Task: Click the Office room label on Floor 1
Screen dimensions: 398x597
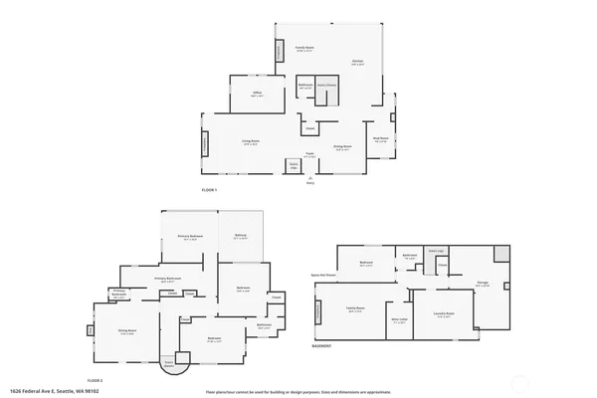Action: click(x=257, y=94)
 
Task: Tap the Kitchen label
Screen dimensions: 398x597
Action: click(x=357, y=62)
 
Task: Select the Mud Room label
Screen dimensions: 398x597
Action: click(x=380, y=138)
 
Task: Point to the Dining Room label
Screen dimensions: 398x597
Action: click(x=343, y=148)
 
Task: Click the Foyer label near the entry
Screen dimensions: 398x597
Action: click(x=310, y=154)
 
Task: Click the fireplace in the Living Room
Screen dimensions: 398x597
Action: click(x=206, y=144)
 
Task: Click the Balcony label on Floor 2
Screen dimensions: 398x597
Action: click(x=241, y=236)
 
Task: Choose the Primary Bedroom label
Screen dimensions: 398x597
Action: click(x=189, y=237)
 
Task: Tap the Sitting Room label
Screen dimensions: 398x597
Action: click(x=127, y=332)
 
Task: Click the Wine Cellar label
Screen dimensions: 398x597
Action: click(x=400, y=320)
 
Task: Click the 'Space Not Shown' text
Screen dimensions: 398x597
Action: click(x=324, y=274)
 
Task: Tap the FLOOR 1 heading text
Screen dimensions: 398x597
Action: click(x=209, y=189)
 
